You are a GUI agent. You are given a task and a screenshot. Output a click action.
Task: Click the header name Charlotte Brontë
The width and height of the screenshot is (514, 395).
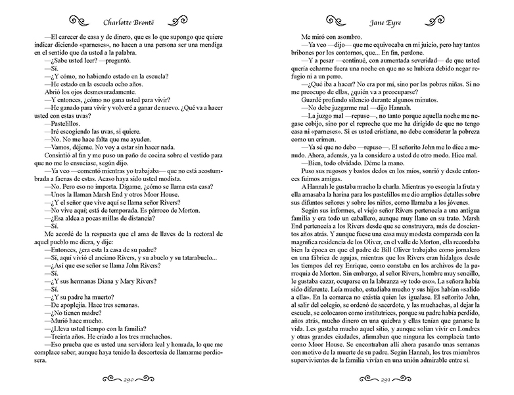pyautogui.click(x=128, y=11)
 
